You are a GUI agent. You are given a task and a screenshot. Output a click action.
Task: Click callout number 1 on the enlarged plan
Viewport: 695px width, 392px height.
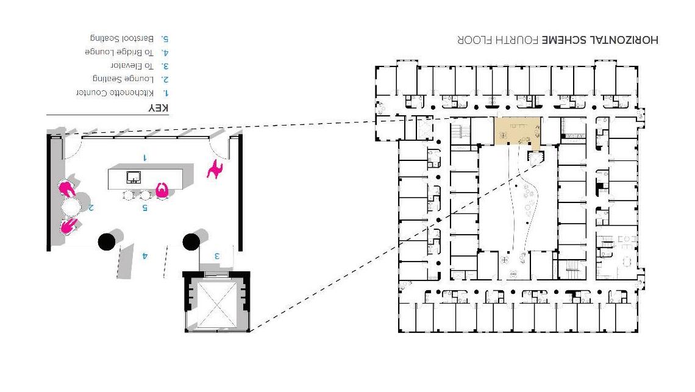(145, 157)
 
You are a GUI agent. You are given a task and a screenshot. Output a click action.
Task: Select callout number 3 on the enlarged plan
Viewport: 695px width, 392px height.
(216, 255)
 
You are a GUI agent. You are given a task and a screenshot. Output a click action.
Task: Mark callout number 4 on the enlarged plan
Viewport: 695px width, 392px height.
(144, 255)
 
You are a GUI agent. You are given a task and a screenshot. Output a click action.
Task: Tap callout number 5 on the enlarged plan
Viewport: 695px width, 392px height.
(144, 207)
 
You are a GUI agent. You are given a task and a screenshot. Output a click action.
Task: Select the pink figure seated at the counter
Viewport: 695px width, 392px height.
(162, 191)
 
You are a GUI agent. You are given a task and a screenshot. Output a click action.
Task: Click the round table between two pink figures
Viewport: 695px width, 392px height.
(71, 207)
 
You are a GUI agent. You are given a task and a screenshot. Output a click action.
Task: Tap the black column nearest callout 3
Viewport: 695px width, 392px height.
(191, 241)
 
